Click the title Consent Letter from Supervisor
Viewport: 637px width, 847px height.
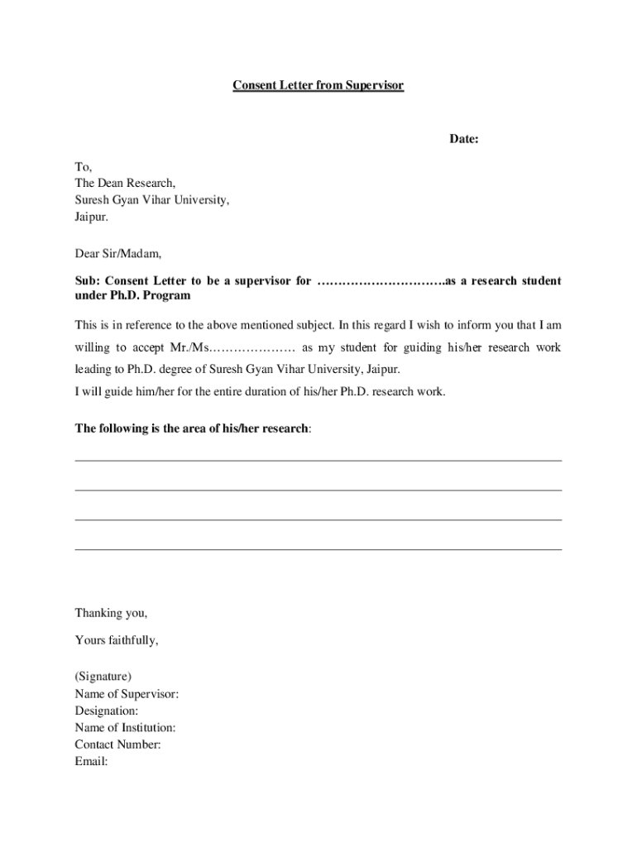(318, 85)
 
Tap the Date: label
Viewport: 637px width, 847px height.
(464, 139)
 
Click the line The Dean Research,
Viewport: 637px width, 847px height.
(125, 184)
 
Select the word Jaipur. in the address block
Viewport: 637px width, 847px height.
(91, 217)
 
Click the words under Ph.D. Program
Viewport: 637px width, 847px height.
(132, 295)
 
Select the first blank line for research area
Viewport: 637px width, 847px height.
(318, 460)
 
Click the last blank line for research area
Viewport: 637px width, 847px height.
(318, 548)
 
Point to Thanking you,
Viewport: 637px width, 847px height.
(111, 613)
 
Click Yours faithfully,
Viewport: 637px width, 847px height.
(116, 640)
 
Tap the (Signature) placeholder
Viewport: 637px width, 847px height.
(103, 677)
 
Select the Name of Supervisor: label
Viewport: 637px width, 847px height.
(127, 694)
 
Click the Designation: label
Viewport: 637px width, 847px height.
(107, 711)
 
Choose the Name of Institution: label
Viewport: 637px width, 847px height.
(125, 728)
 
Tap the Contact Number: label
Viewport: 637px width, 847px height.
(117, 744)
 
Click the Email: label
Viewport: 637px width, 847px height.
(91, 761)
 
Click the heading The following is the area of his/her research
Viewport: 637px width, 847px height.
(193, 428)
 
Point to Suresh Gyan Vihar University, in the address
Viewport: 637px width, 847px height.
(152, 200)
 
